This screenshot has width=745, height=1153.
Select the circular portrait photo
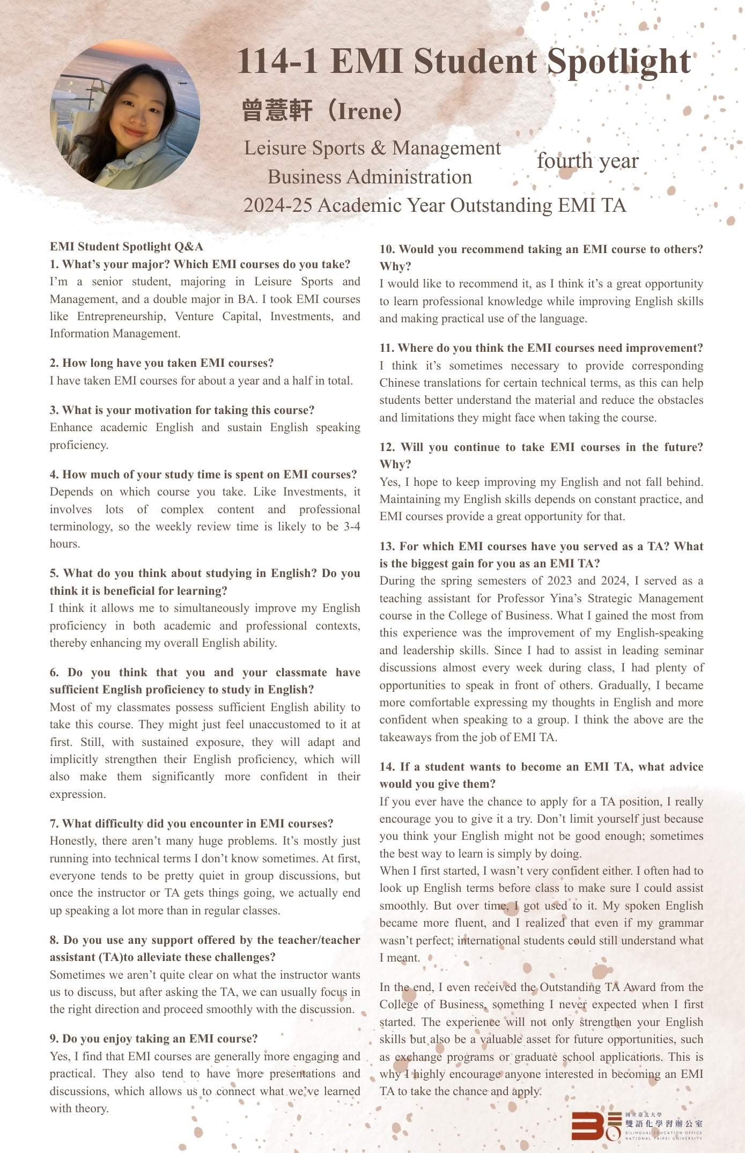[x=125, y=114]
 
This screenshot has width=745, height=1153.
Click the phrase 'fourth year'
[x=587, y=161]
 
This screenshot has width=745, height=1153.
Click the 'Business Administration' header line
[x=370, y=177]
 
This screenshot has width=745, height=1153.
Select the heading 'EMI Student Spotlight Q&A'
[x=127, y=247]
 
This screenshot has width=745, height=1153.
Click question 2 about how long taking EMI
[x=161, y=363]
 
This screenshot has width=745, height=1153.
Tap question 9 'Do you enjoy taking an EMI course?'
[x=153, y=1039]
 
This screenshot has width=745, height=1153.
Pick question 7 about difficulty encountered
[x=191, y=823]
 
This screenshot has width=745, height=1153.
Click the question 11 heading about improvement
[x=541, y=348]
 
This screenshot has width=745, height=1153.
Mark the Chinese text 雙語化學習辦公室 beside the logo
[x=663, y=1123]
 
